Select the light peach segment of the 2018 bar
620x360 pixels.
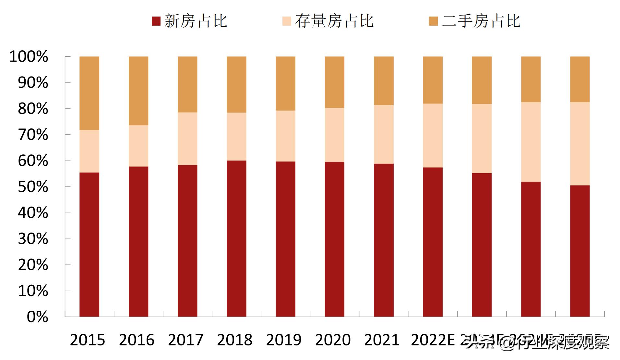click(236, 136)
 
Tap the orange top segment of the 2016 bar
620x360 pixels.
click(138, 91)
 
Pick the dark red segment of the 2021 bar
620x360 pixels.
click(384, 240)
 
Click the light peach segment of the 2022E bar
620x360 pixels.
click(433, 135)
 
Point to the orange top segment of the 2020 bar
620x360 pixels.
click(334, 82)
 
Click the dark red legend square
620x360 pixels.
click(156, 21)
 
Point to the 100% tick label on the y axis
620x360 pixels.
click(29, 57)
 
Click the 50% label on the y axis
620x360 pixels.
click(33, 187)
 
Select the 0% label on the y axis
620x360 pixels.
click(37, 317)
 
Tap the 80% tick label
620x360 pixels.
click(33, 109)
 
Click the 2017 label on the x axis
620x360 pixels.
click(185, 340)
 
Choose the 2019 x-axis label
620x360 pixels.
click(284, 340)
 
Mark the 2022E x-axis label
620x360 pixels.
click(433, 340)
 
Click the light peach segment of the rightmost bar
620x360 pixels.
click(580, 144)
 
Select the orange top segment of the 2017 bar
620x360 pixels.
click(187, 84)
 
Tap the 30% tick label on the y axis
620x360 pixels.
click(33, 239)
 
